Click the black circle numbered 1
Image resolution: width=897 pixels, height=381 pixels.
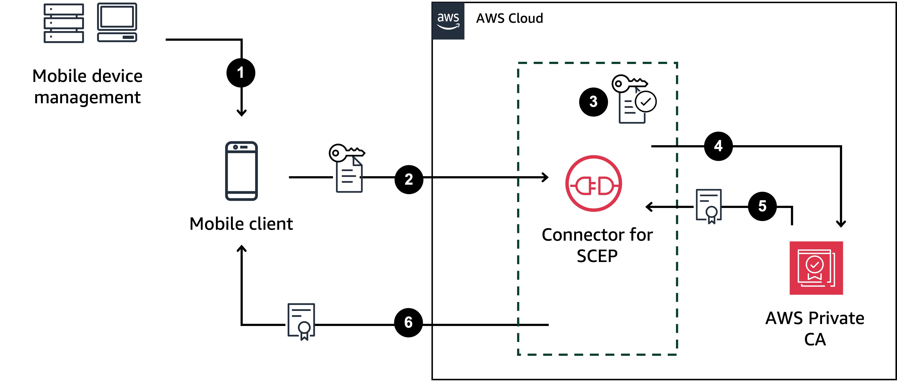coord(241,73)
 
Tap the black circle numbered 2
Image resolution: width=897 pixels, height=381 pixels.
coord(409,179)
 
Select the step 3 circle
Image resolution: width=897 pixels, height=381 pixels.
coord(593,102)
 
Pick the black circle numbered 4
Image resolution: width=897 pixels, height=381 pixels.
coord(718,146)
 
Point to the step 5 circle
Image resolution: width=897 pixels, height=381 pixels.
coord(762,206)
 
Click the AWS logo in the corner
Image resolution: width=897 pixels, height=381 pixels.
coord(448,21)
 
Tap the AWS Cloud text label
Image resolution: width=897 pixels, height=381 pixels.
coord(509,18)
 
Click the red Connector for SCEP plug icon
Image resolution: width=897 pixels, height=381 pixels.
coord(594,183)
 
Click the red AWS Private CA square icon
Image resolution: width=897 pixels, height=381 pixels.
coord(816,268)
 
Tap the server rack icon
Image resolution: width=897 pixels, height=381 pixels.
coord(64,23)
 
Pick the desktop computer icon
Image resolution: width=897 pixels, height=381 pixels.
coord(117,22)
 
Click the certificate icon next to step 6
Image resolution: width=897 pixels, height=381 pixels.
coord(302,321)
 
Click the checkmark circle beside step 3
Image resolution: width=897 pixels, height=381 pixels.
coord(646,102)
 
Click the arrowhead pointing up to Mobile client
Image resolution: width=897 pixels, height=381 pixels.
coord(242,248)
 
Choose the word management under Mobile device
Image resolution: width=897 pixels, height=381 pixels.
coord(87,97)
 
